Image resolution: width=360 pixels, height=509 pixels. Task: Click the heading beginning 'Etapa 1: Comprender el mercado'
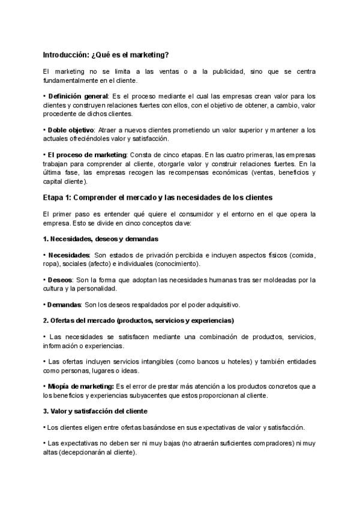tap(158, 197)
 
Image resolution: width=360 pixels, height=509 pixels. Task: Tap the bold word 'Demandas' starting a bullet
tap(64, 304)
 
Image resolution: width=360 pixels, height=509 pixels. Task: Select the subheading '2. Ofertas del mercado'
tap(138, 320)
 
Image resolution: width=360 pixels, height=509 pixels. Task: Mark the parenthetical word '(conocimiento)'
tap(178, 264)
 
